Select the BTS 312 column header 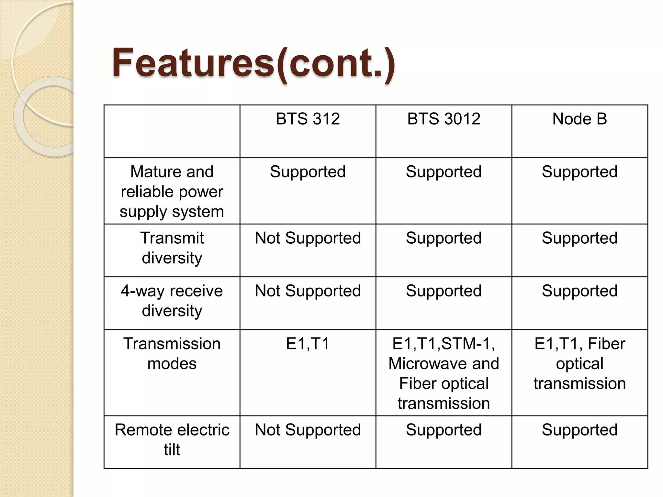[x=308, y=119]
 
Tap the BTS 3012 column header [x=444, y=119]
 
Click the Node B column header [x=579, y=119]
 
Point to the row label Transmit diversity [x=172, y=248]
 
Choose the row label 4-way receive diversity [x=172, y=301]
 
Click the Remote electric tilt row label [x=172, y=439]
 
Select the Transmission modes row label [x=172, y=353]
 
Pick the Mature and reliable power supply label [x=172, y=191]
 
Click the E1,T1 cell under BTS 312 [x=308, y=344]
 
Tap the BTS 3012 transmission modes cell [x=444, y=373]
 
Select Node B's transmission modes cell [x=579, y=363]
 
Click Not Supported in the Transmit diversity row [x=308, y=238]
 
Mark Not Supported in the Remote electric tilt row [x=308, y=430]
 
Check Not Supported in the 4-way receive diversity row [x=308, y=291]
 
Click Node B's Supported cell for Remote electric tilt [x=579, y=430]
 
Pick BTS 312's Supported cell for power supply [x=308, y=172]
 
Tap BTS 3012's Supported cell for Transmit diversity [x=444, y=238]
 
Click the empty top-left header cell [x=172, y=131]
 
